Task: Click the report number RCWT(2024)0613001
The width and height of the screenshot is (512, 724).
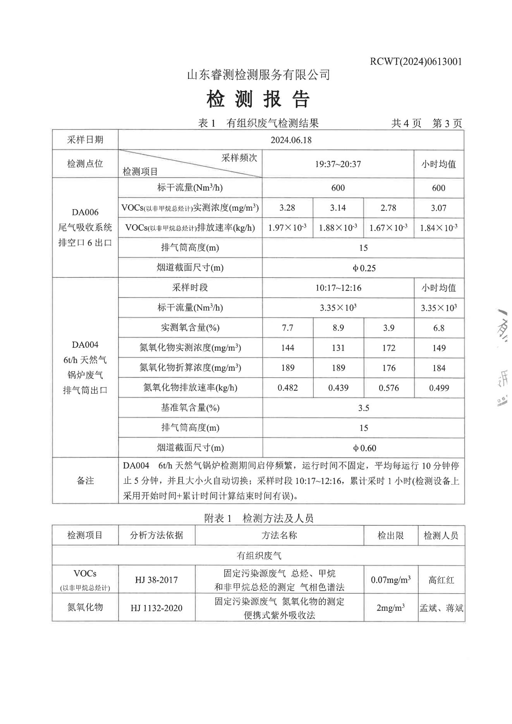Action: tap(416, 62)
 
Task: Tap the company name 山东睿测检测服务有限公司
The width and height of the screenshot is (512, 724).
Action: tap(258, 74)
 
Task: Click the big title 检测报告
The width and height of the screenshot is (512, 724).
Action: tap(258, 100)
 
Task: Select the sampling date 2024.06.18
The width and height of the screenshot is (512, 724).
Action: tap(290, 140)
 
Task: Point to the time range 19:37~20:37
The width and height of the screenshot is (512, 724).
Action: tap(338, 164)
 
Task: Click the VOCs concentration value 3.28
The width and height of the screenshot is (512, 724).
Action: tap(287, 208)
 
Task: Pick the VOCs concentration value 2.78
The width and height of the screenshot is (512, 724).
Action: tap(388, 208)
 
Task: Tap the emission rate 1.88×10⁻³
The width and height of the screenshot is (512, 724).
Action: tap(338, 228)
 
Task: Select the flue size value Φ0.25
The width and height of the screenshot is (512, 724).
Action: tap(364, 268)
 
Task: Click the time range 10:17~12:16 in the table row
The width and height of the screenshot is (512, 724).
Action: tap(338, 288)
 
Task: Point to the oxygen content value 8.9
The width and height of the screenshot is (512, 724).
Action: tap(338, 328)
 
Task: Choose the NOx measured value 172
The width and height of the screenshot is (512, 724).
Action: tap(388, 348)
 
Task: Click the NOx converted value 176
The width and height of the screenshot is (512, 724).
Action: tap(388, 368)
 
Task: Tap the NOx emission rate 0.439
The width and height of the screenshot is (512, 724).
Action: tap(338, 388)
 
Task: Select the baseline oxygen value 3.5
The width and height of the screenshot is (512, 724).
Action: tap(363, 408)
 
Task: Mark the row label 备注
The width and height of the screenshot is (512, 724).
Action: tap(85, 481)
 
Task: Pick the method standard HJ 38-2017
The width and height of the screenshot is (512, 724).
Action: tap(156, 580)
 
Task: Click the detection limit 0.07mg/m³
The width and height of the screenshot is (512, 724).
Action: tap(391, 580)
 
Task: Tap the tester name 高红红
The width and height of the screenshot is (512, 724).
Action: tap(441, 580)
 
